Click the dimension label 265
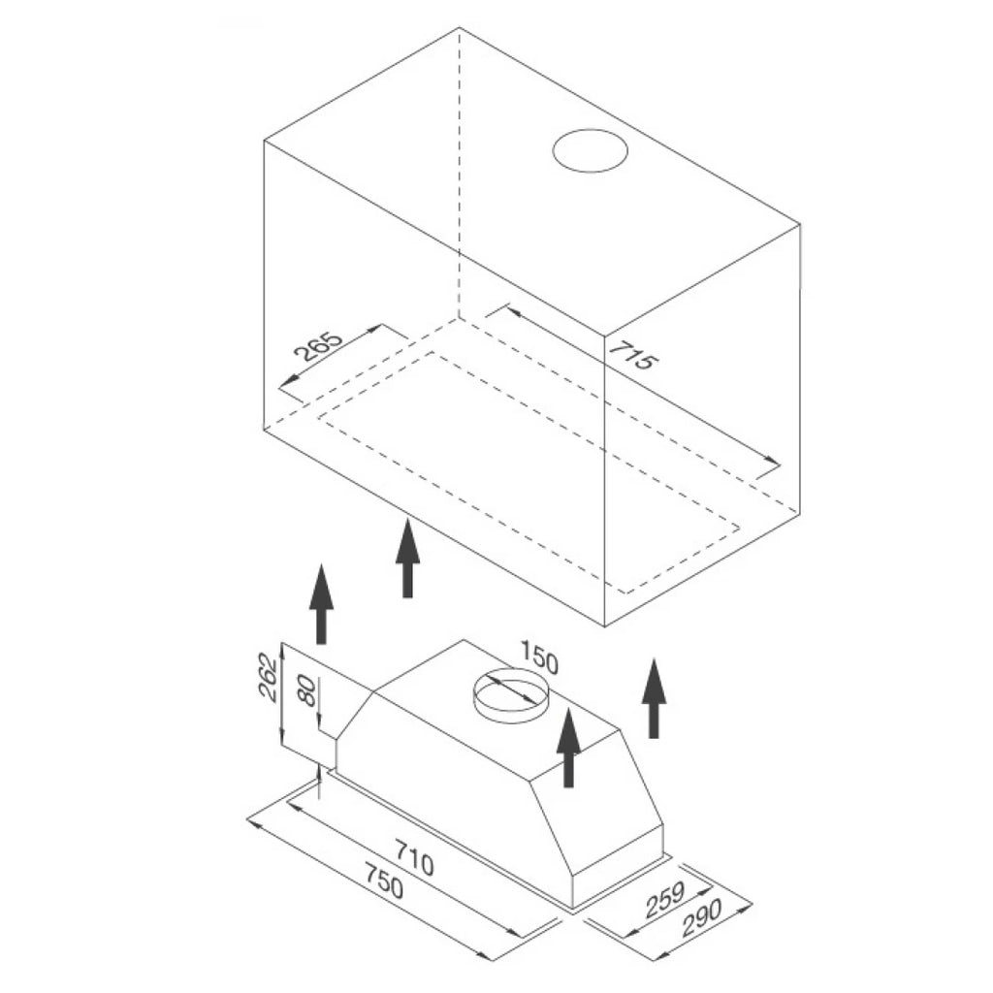pos(319,345)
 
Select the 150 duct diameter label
pos(539,657)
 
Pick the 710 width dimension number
pos(414,857)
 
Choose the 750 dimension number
pos(384,881)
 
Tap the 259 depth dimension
pos(665,900)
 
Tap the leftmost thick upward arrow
pos(321,603)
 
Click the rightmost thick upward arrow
pos(654,698)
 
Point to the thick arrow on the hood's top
pos(568,748)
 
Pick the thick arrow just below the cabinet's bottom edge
pos(408,558)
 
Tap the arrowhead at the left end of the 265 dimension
pos(289,380)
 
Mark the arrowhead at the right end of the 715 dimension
pos(772,461)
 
